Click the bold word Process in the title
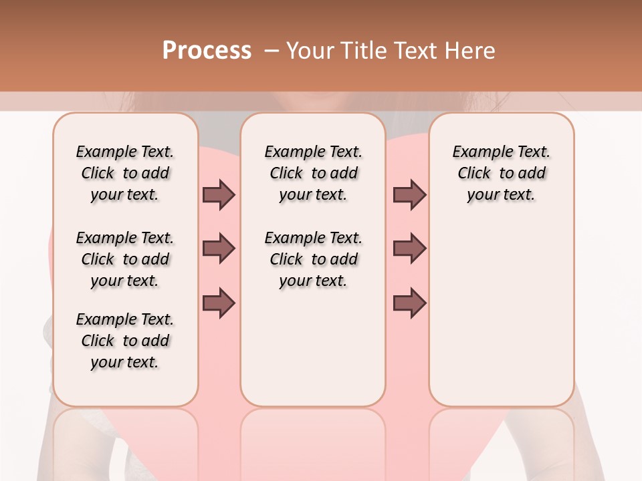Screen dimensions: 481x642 (x=207, y=51)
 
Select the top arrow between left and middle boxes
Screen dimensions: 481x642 (x=219, y=194)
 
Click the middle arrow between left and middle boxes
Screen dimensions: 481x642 (x=219, y=249)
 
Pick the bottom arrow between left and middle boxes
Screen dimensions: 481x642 (x=219, y=303)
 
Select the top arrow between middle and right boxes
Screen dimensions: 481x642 (x=409, y=194)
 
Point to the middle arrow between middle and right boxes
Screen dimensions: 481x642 (x=409, y=249)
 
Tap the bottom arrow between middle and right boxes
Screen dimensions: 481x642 (x=409, y=303)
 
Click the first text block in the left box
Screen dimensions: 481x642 (x=125, y=173)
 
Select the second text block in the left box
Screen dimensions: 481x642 (x=125, y=259)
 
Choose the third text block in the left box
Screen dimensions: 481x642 (x=125, y=341)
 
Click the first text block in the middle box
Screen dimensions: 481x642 (x=313, y=173)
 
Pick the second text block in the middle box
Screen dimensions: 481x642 (x=313, y=259)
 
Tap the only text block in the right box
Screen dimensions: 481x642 (x=501, y=173)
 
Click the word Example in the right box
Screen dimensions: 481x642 (x=477, y=152)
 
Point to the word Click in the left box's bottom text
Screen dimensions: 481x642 (x=98, y=341)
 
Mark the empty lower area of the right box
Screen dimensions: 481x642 (x=501, y=321)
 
